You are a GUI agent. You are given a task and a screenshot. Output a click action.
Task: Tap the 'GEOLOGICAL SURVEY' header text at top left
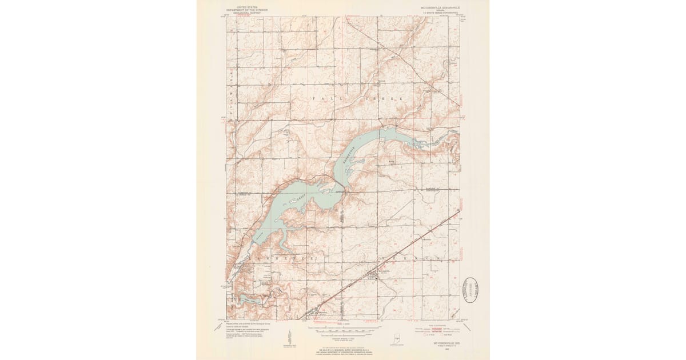click(x=247, y=12)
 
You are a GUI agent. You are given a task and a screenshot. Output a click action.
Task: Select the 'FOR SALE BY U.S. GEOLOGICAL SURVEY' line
click(x=343, y=349)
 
